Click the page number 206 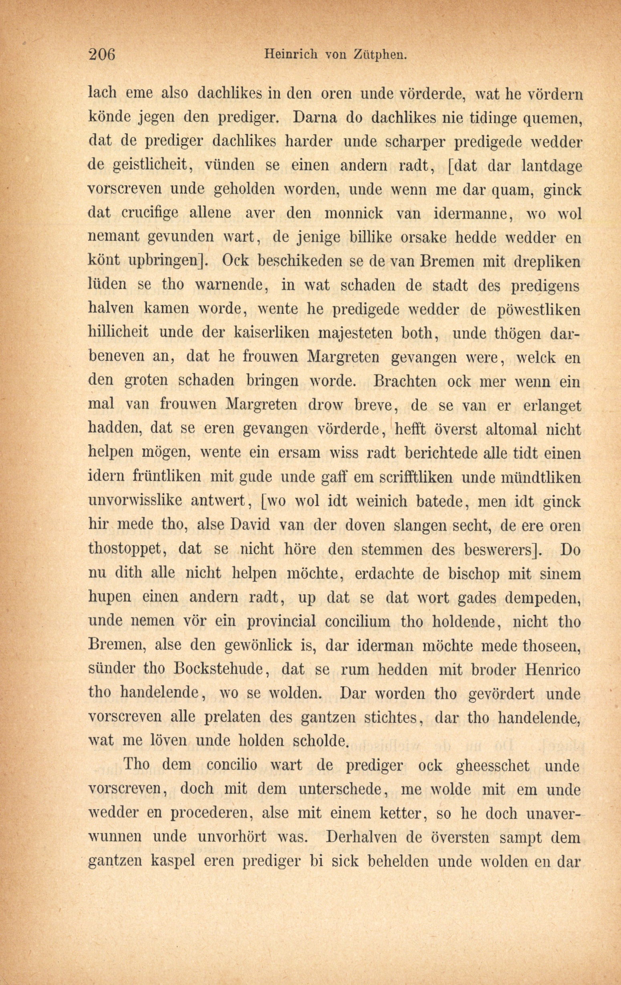[x=102, y=54]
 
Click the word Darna [x=315, y=117]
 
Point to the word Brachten [x=404, y=381]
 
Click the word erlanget [x=552, y=405]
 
